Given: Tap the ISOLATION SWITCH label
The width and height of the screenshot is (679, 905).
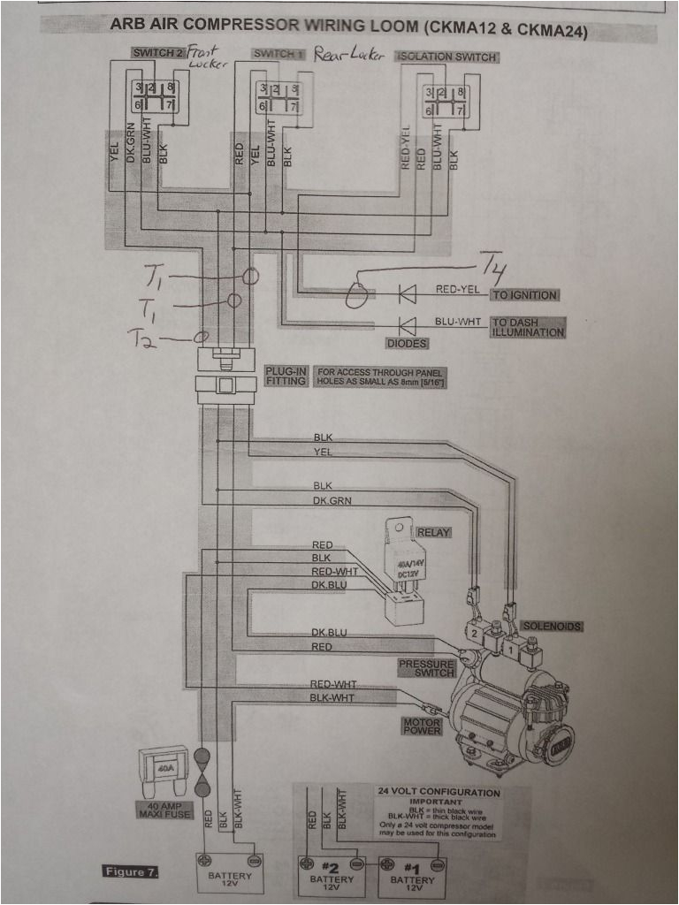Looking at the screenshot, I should [447, 57].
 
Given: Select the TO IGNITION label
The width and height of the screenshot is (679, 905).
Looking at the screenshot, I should [525, 295].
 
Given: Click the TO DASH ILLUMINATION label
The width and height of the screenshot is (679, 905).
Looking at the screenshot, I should [527, 327].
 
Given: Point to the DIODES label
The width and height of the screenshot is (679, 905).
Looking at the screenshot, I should [407, 344].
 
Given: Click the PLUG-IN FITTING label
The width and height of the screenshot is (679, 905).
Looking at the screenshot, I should [286, 376].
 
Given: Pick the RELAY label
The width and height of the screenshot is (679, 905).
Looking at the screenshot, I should [434, 532].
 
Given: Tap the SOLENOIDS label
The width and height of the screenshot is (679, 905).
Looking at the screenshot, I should [551, 626].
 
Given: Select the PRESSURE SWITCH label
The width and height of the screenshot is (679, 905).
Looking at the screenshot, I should [426, 668].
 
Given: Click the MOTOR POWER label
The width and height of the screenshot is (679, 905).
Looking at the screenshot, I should [422, 726].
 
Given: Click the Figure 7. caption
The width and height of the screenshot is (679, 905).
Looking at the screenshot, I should [129, 873].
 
